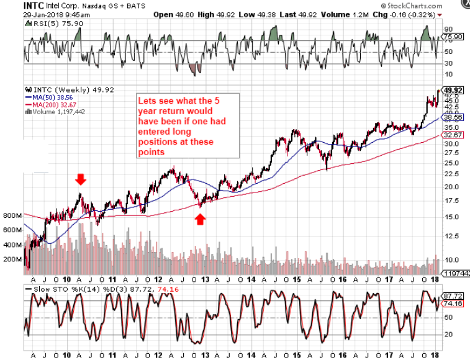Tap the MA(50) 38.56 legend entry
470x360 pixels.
pos(52,97)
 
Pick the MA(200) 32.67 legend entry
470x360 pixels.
pos(53,105)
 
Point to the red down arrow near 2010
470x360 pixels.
pos(80,179)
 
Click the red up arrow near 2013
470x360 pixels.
pos(200,218)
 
